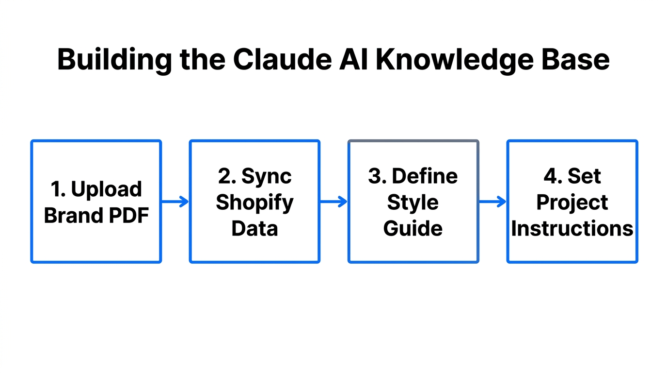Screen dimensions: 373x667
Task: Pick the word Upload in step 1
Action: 106,189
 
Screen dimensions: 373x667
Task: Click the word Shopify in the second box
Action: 254,203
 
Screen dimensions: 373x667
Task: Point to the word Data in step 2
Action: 254,228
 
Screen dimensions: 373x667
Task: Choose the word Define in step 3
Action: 424,176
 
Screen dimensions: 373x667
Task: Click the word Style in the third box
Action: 413,203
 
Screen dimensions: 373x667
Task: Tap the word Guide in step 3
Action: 413,228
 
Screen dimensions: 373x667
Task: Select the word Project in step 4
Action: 572,203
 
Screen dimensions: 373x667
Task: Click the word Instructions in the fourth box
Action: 572,228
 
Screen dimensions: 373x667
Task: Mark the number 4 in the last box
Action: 550,176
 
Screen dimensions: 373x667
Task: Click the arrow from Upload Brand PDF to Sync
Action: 175,202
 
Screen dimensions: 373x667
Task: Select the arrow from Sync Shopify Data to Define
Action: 333,202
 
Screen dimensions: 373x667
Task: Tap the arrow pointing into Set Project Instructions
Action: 492,202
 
